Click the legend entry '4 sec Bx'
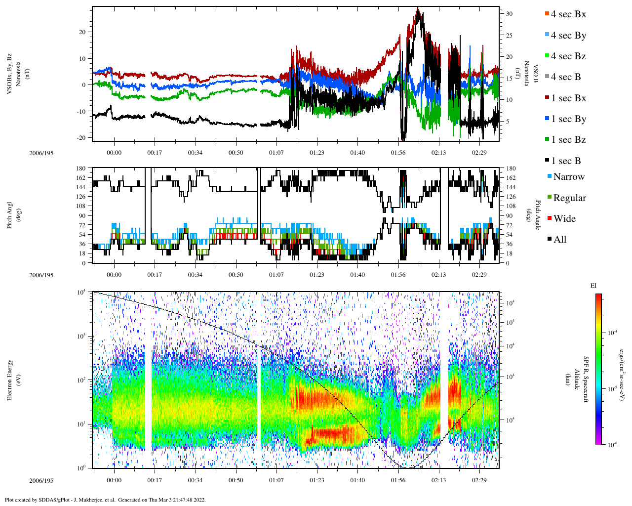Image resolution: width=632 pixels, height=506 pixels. point(568,14)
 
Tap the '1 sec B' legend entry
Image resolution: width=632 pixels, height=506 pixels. point(566,161)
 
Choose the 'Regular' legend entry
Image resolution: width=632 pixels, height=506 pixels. point(569,198)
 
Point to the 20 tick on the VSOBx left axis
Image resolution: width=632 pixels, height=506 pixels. point(82,32)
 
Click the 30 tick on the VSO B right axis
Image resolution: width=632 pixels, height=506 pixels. point(509,14)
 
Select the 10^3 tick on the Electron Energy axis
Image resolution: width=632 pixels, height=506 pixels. point(80,337)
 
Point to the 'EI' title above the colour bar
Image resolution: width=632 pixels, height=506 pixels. point(593,286)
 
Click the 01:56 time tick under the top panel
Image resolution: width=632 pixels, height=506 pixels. point(398,153)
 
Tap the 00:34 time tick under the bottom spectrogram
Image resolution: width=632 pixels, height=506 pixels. point(195,480)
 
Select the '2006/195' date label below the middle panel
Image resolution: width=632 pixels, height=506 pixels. point(41,275)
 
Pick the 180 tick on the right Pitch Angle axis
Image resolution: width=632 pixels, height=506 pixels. point(511,169)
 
